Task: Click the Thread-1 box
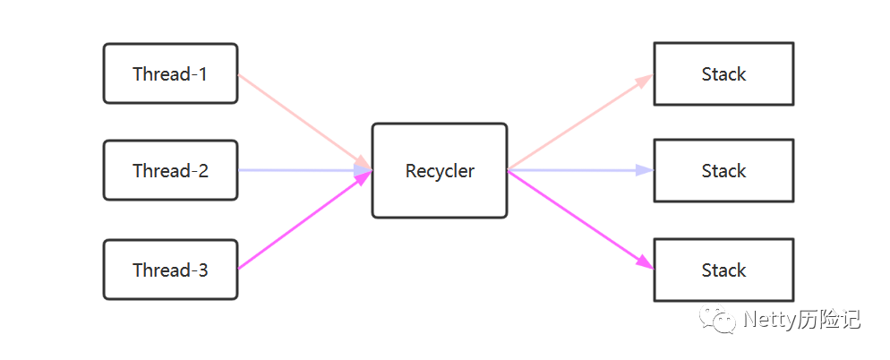click(x=170, y=73)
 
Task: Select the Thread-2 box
click(x=170, y=170)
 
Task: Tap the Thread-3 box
click(x=170, y=270)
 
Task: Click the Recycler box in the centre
click(x=440, y=170)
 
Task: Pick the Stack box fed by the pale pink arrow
click(x=723, y=73)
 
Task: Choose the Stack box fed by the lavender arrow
click(x=723, y=170)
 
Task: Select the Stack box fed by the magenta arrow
click(x=723, y=270)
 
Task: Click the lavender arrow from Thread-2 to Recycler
click(x=300, y=170)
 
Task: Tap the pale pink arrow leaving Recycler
click(x=578, y=123)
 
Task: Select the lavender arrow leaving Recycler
click(x=578, y=170)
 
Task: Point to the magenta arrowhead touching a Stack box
click(x=646, y=263)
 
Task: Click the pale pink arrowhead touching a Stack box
click(x=645, y=80)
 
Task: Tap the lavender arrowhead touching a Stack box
click(x=646, y=170)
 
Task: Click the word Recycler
click(x=440, y=170)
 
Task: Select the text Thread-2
click(x=170, y=170)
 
